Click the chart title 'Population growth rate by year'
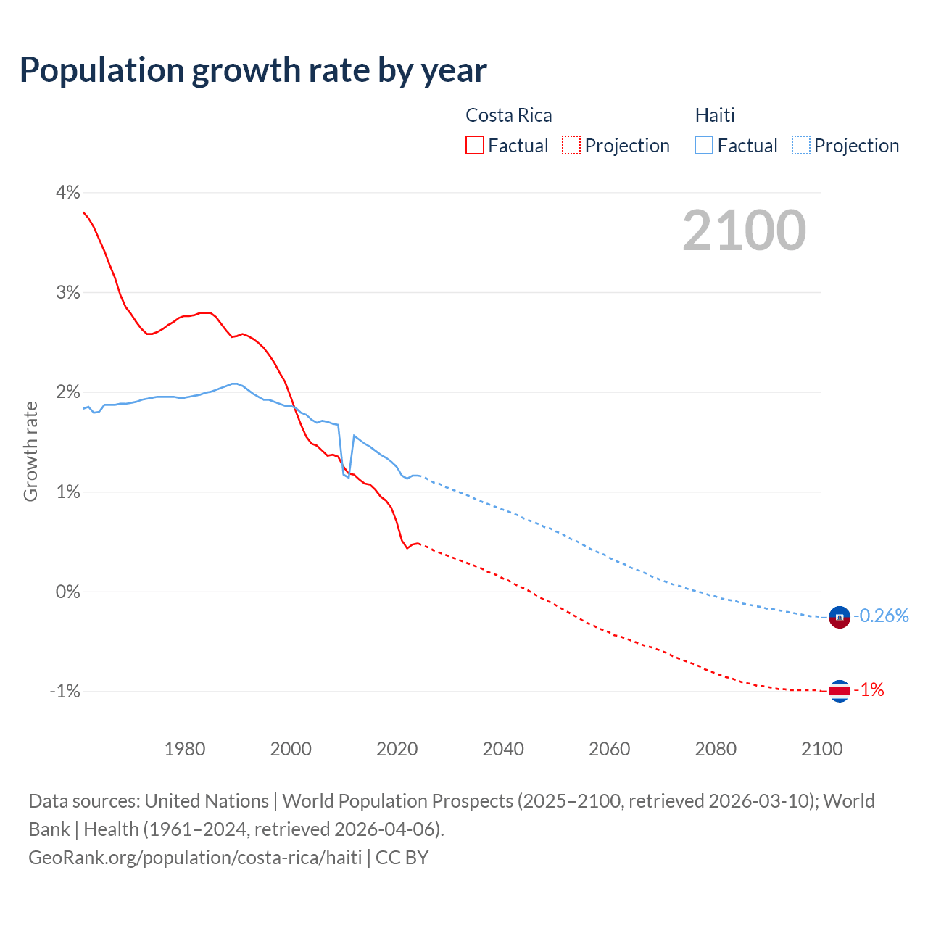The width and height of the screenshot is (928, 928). click(253, 70)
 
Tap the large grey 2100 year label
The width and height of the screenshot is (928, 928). click(744, 231)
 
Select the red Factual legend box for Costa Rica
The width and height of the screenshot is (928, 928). click(475, 145)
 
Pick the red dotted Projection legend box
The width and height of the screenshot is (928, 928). click(571, 145)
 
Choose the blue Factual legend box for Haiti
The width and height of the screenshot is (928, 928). click(704, 145)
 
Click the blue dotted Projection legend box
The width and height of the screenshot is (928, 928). click(801, 145)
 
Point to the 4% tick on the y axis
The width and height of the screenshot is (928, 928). click(67, 193)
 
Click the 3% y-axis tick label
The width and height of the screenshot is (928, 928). click(67, 292)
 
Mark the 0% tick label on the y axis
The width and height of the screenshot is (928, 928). click(67, 592)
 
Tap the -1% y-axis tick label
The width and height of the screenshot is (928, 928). click(65, 691)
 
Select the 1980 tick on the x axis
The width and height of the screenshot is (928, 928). click(185, 749)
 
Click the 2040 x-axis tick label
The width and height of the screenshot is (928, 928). click(503, 749)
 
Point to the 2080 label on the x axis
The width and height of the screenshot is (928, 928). click(716, 749)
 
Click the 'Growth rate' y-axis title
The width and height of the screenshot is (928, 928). click(30, 451)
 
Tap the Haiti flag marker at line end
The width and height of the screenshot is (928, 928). click(839, 617)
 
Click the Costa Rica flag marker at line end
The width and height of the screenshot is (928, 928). click(839, 691)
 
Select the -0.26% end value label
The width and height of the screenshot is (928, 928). click(882, 616)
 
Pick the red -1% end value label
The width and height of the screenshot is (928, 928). click(869, 690)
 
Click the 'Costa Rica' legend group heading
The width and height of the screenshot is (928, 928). click(508, 115)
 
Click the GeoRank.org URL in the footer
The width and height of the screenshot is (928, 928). click(195, 858)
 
